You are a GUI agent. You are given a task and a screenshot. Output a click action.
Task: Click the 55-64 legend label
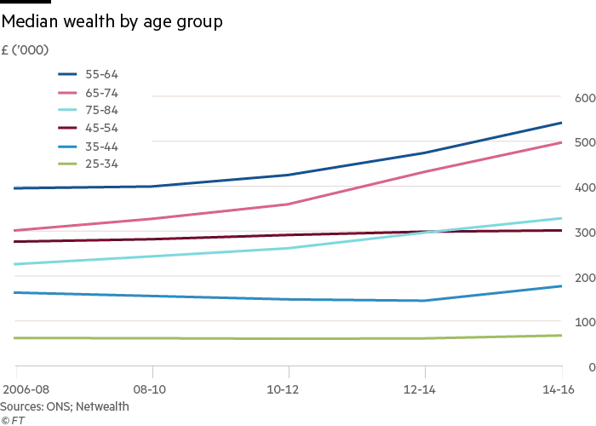point(101,75)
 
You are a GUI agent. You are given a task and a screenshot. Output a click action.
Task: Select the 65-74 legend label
point(101,93)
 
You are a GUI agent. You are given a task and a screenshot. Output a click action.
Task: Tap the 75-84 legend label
point(101,111)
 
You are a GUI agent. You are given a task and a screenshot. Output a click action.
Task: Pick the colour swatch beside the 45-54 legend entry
point(66,129)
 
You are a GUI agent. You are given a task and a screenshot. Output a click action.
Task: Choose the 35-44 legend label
point(101,147)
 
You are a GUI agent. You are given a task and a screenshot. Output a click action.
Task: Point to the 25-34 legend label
point(101,164)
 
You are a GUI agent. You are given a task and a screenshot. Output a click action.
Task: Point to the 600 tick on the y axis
point(583,98)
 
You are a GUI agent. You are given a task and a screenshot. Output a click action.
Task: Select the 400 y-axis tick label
point(583,187)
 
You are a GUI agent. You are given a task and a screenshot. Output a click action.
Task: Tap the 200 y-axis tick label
point(583,278)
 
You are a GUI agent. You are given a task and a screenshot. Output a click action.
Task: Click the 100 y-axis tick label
point(583,322)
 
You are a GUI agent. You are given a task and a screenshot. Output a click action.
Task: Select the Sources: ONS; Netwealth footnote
point(65,406)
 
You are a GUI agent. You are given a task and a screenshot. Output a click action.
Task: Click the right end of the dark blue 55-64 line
point(561,123)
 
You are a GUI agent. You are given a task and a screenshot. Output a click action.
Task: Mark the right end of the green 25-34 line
point(561,336)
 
